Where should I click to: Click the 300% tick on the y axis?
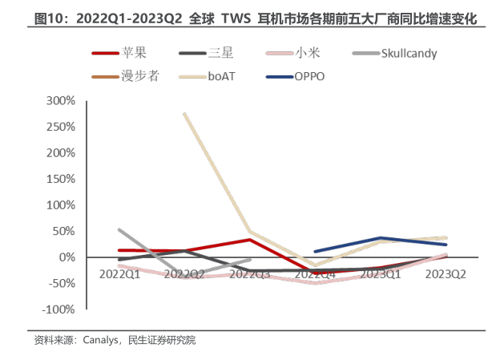61,101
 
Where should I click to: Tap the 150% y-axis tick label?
61,179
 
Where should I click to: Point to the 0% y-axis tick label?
67,257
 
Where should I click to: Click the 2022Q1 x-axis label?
119,273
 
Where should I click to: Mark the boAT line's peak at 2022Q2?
185,114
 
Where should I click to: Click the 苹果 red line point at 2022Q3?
250,240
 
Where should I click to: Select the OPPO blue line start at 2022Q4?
316,251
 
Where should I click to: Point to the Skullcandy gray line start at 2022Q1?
119,229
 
